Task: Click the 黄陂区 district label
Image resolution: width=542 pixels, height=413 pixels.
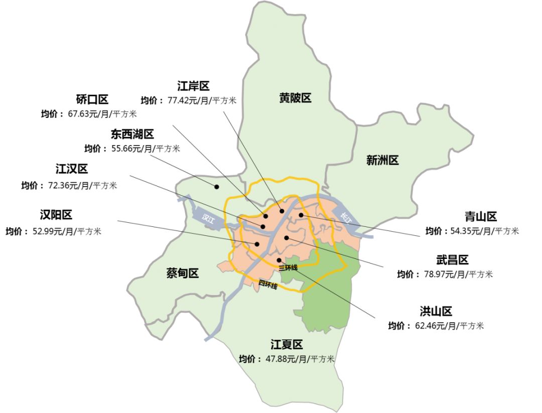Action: tap(295, 98)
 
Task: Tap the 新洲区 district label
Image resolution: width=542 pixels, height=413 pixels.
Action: tap(382, 161)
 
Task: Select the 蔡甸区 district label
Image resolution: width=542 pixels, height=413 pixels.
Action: tap(183, 273)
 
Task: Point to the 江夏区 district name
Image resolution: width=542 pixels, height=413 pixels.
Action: tap(287, 345)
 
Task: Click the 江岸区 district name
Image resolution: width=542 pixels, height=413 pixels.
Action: tap(193, 86)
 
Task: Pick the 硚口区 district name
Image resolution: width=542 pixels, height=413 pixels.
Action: tap(92, 99)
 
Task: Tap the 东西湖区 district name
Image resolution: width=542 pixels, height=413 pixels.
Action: tap(132, 134)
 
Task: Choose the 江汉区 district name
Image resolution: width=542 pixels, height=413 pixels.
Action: tap(71, 169)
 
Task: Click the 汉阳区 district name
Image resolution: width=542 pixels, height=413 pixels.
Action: tap(56, 215)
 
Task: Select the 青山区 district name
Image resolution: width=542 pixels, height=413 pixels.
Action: tap(480, 217)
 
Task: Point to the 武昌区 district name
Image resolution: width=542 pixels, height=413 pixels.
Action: tap(452, 260)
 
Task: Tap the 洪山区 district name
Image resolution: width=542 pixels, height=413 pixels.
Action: tap(436, 311)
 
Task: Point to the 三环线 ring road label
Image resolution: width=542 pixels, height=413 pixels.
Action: tap(288, 267)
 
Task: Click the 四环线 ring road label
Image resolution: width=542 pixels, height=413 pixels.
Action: tap(268, 285)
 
